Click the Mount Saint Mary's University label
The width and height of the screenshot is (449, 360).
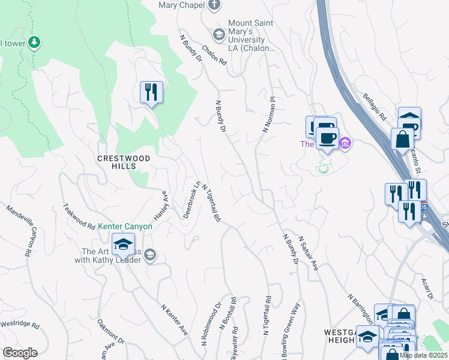coord(251,36)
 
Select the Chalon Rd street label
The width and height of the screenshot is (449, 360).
coord(214,55)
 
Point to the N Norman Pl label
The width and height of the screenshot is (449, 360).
coord(268,115)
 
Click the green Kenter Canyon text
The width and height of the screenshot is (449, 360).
coord(125,226)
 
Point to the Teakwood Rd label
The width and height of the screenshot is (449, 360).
coord(79,217)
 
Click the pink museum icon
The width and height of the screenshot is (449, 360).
coord(345,143)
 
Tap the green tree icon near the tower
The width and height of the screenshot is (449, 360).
coord(35,42)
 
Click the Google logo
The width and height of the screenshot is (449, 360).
coord(20,353)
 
